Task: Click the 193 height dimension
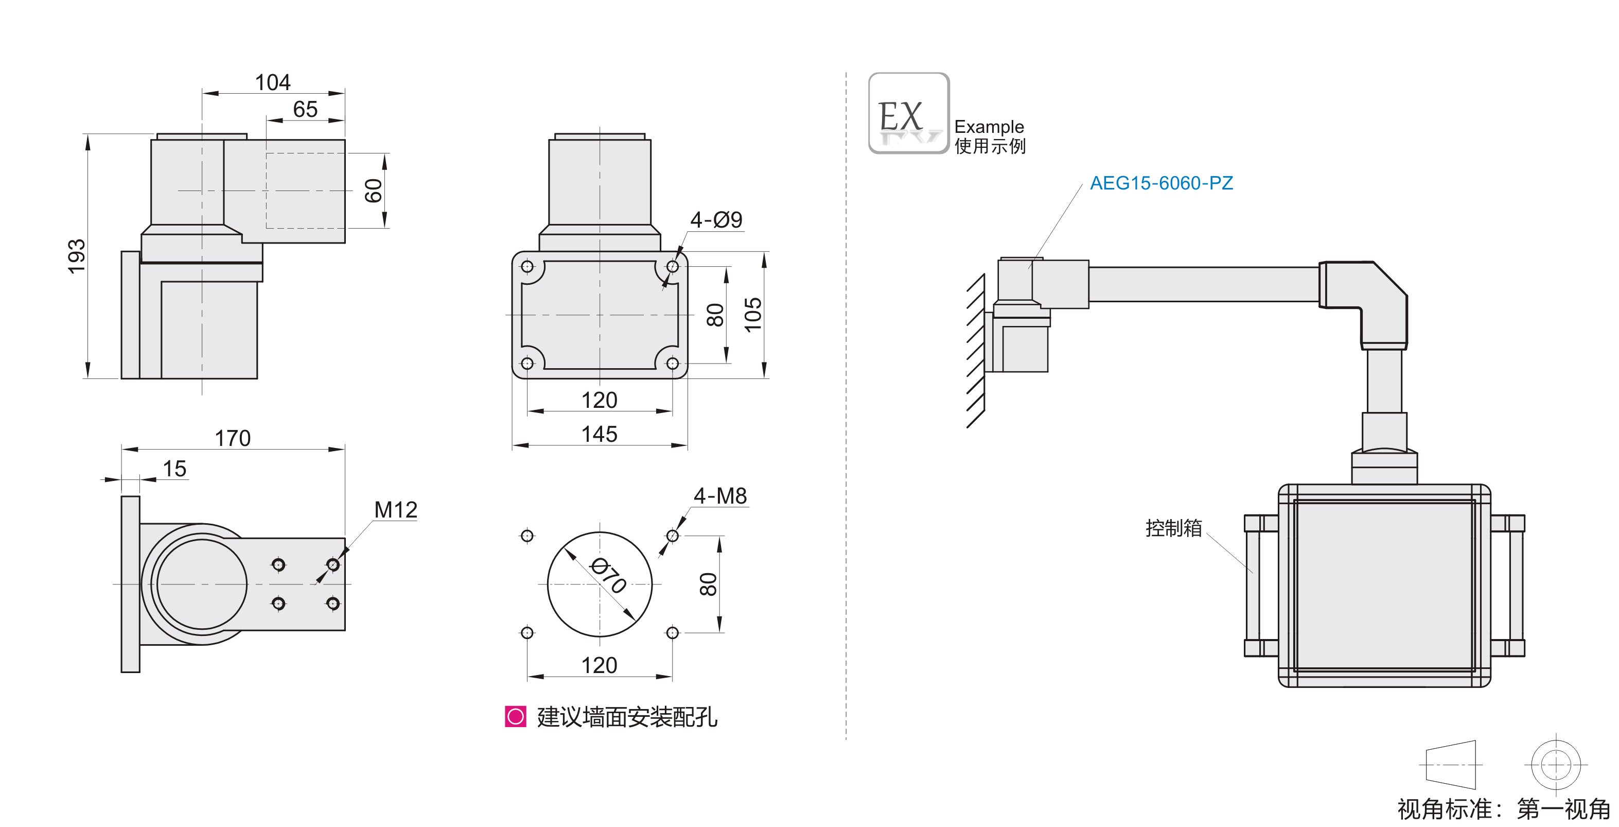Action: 77,256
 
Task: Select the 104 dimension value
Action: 273,82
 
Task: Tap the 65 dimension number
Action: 306,110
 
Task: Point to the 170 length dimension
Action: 233,438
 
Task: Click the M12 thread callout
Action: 395,509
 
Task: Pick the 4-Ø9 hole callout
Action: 716,219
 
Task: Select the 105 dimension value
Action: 752,315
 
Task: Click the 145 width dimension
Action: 599,434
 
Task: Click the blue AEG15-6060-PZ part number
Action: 1161,183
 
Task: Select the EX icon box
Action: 908,113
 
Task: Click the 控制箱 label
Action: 1173,528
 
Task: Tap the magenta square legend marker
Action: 515,716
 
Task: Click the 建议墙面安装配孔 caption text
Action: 627,717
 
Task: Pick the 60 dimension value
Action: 373,191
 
